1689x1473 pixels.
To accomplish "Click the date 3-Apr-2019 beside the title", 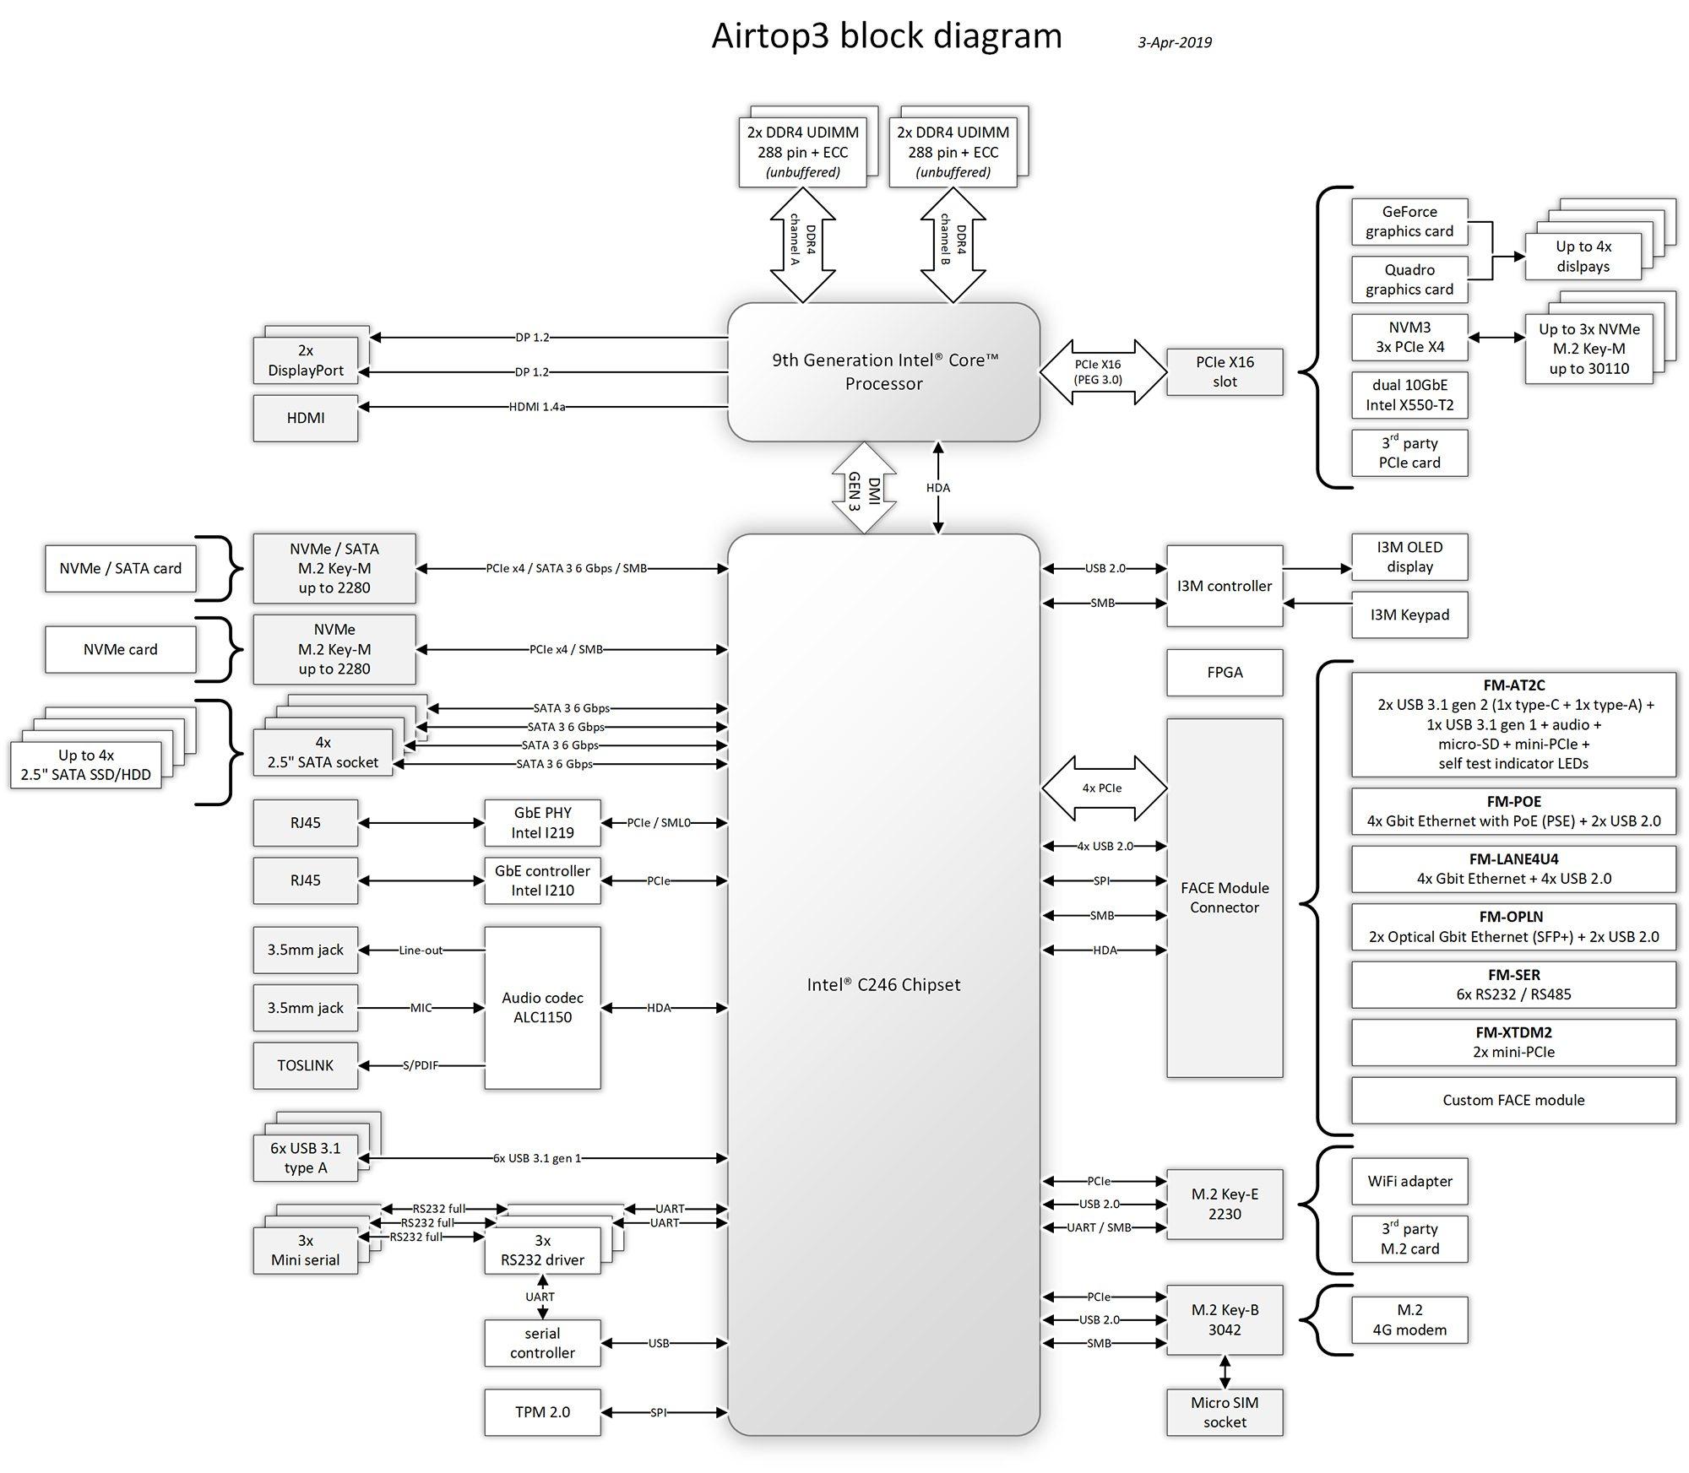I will tap(1174, 42).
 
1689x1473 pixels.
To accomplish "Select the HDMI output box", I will tap(305, 418).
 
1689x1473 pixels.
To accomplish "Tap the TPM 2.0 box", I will tap(542, 1411).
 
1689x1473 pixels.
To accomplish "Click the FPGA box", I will tap(1224, 672).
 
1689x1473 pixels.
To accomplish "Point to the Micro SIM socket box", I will tap(1224, 1411).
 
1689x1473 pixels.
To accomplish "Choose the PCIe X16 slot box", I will tap(1224, 371).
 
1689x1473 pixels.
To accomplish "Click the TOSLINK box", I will tap(305, 1065).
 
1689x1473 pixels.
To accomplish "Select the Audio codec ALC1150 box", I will tap(542, 1007).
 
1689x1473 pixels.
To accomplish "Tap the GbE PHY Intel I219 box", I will tap(542, 822).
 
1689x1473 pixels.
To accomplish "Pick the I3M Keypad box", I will tap(1409, 615).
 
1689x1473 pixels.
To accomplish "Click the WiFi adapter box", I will tap(1409, 1181).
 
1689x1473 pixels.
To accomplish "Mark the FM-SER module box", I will tap(1512, 984).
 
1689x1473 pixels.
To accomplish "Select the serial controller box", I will tap(542, 1342).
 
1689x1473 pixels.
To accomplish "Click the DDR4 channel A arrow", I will tap(802, 245).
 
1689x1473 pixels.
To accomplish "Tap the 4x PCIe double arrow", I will tap(1103, 788).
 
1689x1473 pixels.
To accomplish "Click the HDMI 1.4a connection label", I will tap(536, 407).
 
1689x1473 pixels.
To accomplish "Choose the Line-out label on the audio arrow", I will tap(421, 950).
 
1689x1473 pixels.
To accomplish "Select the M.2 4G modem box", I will tap(1409, 1319).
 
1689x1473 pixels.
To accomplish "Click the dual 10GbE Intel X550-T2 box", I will tap(1409, 395).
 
